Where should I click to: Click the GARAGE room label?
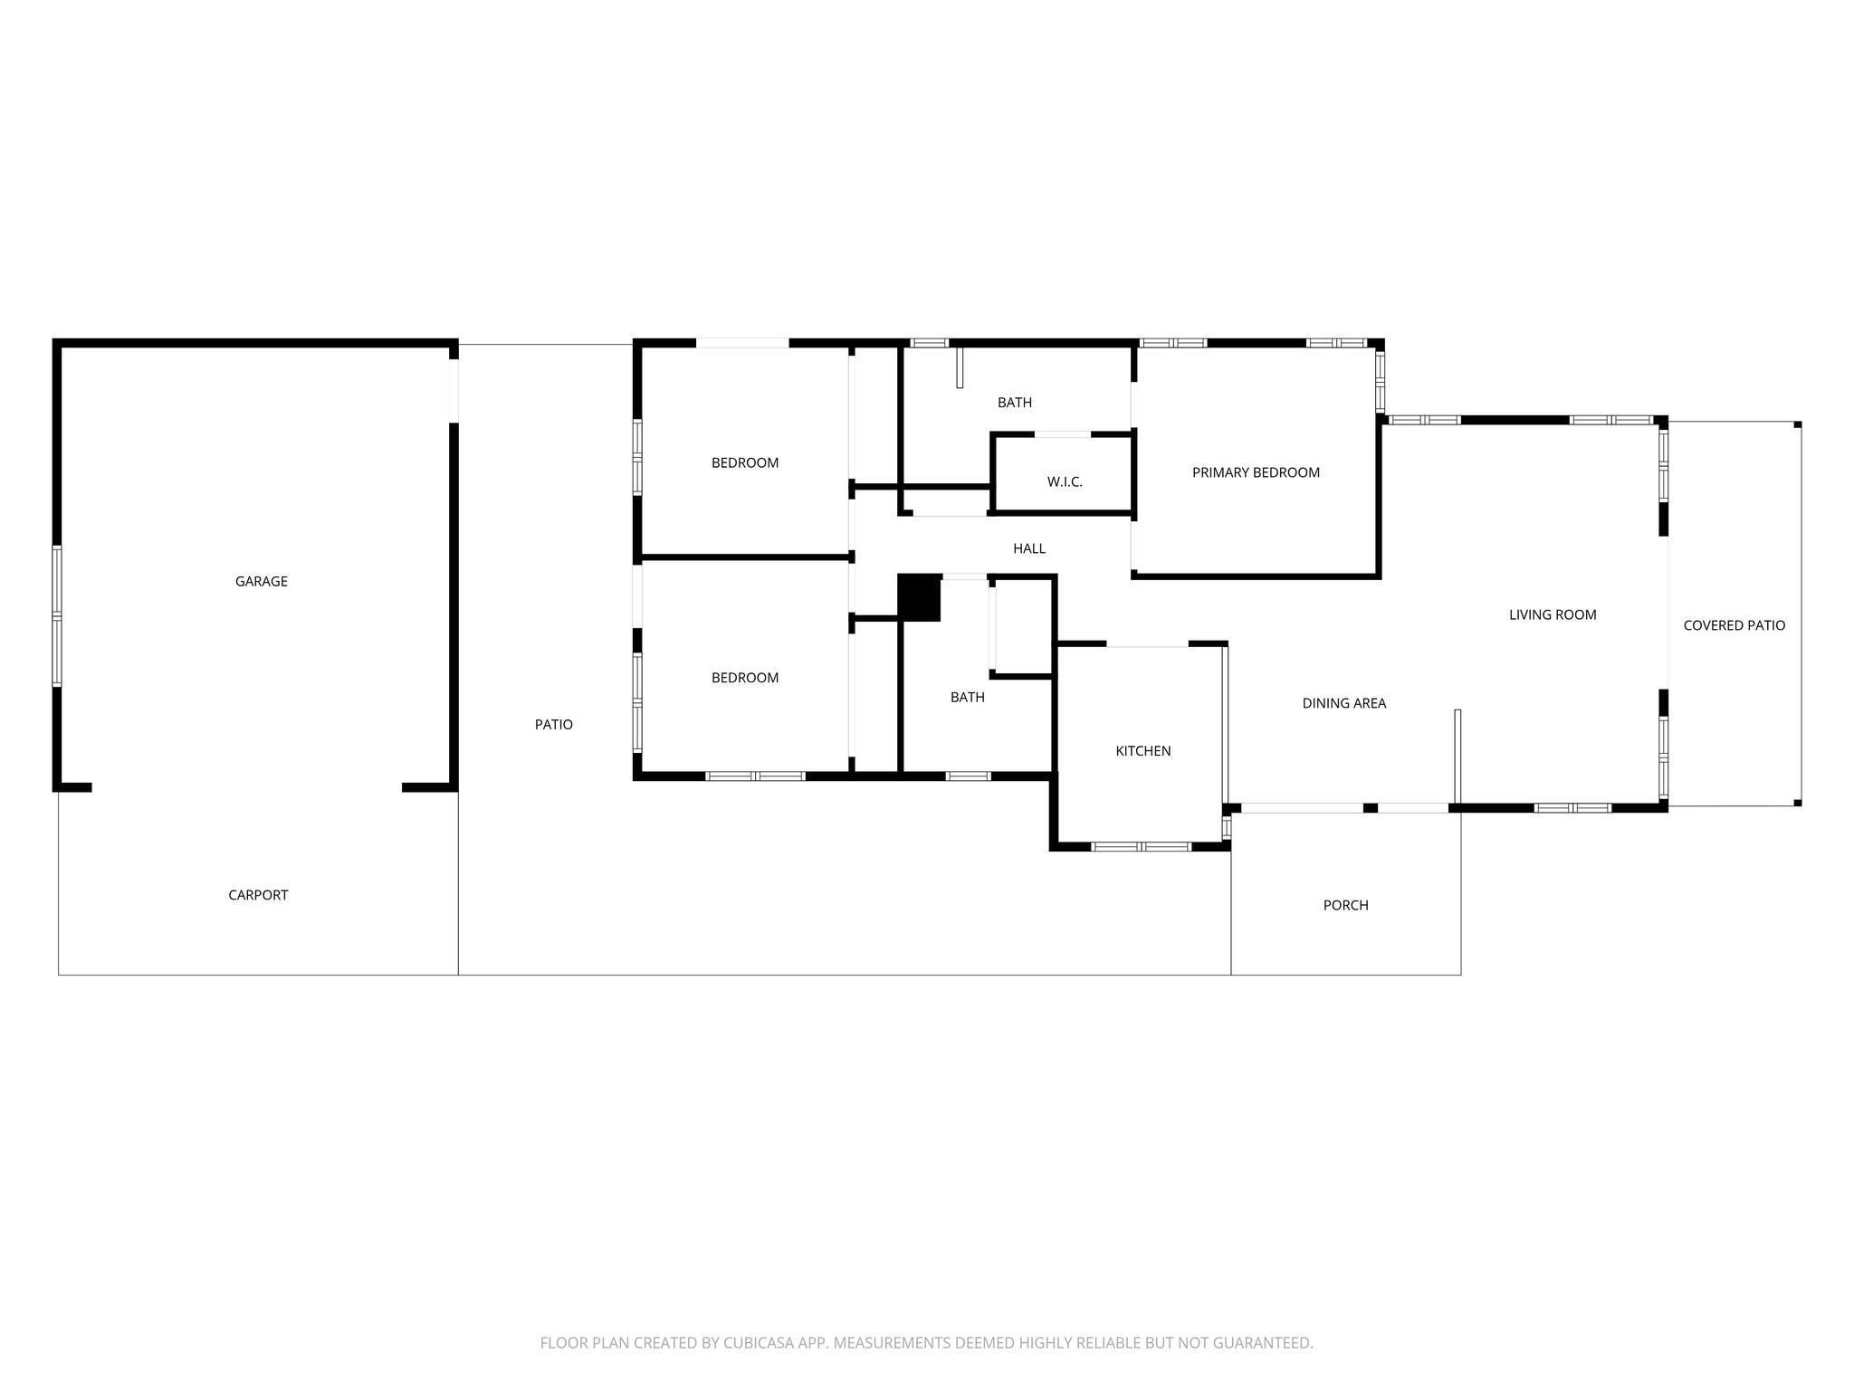[262, 581]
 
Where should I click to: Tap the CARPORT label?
[258, 895]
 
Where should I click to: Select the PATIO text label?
[553, 724]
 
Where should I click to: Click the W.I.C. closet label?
[1065, 481]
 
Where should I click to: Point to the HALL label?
[1029, 548]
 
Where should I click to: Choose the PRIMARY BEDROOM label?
[1256, 472]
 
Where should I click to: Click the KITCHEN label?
[1143, 751]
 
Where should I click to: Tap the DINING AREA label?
[1344, 703]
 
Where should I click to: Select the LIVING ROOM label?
[1553, 614]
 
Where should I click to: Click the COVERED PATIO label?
[1735, 625]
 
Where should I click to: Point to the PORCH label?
[1346, 905]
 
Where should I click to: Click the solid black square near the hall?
[919, 598]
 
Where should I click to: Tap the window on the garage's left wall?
[57, 616]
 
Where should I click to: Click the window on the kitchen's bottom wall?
[1141, 847]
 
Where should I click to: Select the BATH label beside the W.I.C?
[1015, 403]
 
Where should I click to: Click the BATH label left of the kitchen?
[968, 697]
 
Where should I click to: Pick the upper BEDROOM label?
[745, 463]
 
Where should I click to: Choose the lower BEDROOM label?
[745, 678]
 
